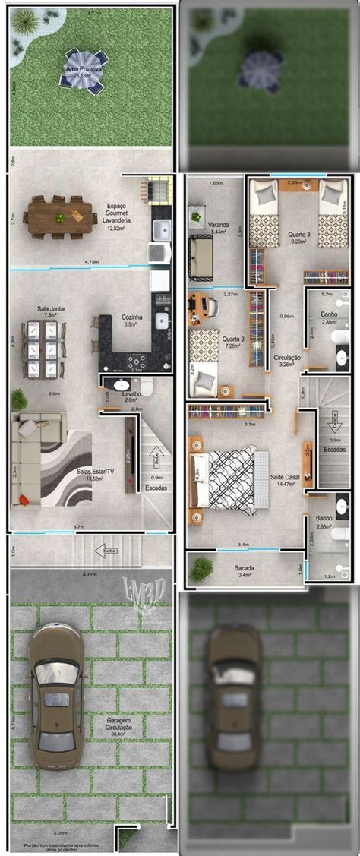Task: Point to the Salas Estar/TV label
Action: (94, 475)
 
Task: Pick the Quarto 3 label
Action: (298, 238)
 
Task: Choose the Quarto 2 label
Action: (232, 343)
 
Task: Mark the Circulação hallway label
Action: (286, 361)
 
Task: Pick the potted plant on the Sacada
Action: (201, 569)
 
